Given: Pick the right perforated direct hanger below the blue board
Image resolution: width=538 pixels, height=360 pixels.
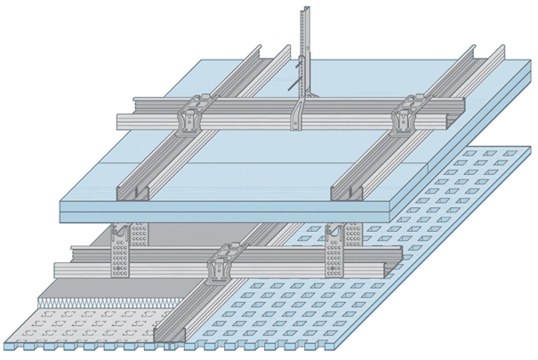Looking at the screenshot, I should tap(335, 244).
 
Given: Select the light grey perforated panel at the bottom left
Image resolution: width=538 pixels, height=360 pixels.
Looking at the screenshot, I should tap(71, 324).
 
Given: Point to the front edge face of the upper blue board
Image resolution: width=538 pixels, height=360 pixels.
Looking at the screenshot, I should tap(222, 211).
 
